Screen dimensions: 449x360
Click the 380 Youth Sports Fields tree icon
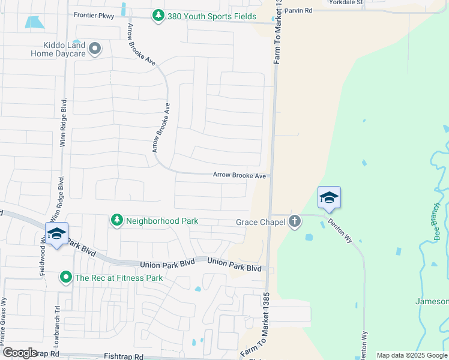point(158,16)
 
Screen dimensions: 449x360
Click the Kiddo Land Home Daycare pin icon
point(95,49)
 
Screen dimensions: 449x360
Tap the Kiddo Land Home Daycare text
point(58,49)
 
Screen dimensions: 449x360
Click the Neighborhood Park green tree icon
point(117,221)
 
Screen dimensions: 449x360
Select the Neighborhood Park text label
point(162,221)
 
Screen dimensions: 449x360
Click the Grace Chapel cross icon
point(294,221)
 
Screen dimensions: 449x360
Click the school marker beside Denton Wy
point(329,198)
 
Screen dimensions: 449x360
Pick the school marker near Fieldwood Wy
point(56,234)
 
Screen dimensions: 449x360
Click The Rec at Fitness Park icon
point(66,278)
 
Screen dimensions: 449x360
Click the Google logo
point(20,352)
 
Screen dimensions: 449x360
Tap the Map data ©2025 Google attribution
point(411,355)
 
